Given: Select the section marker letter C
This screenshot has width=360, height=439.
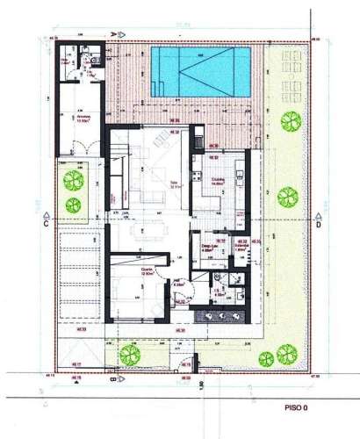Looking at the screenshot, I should tap(44, 225).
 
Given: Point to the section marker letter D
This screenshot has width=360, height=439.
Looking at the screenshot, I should tap(319, 225).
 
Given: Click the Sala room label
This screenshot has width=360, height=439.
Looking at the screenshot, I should tap(174, 184).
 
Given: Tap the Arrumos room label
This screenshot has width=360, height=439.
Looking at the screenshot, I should tap(84, 116).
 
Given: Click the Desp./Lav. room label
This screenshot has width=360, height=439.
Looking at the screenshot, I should tap(209, 247).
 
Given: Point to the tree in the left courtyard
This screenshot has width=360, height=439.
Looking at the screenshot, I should tap(74, 186).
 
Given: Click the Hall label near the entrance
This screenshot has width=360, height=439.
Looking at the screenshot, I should tap(179, 283).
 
